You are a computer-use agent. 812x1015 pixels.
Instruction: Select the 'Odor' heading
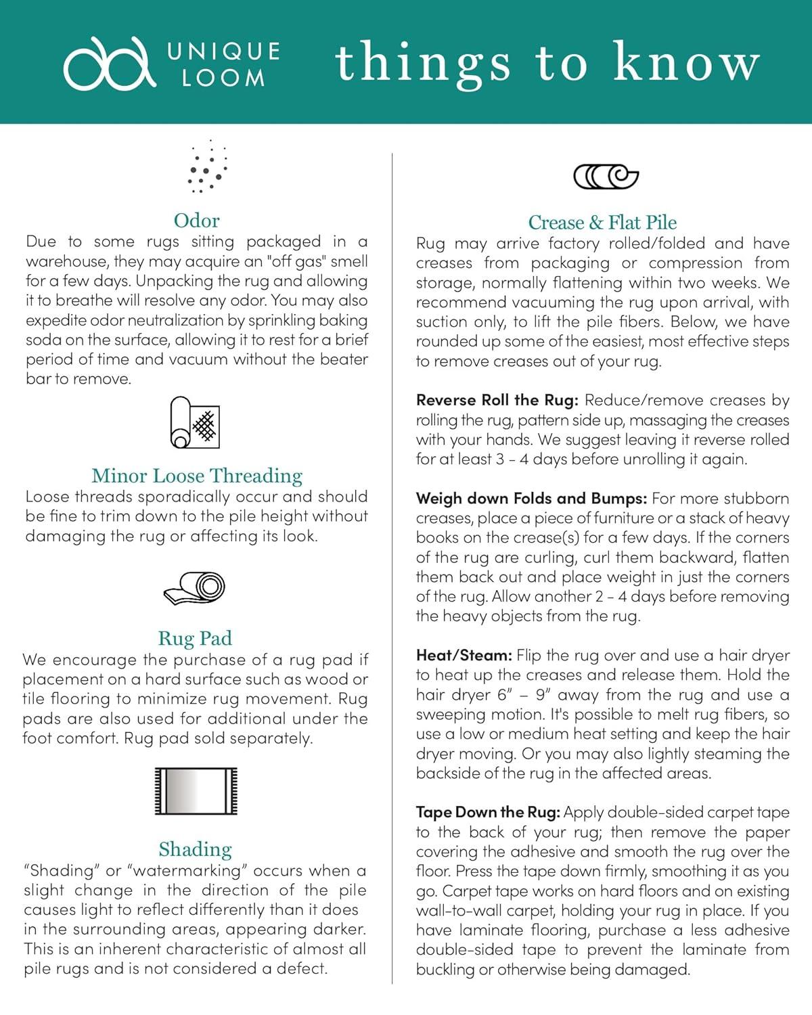click(x=196, y=221)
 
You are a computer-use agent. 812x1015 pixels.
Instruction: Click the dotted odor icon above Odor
click(x=207, y=167)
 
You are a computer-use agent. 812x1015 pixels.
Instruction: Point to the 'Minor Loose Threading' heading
click(x=197, y=476)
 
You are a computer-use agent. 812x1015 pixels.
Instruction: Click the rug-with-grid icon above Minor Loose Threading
click(x=195, y=424)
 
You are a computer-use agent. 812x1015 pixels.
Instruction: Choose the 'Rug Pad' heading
click(x=195, y=638)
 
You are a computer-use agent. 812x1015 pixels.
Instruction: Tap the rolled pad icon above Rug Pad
click(x=195, y=588)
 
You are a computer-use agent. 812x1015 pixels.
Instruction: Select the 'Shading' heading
click(x=195, y=849)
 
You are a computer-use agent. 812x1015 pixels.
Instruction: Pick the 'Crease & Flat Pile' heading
click(x=602, y=223)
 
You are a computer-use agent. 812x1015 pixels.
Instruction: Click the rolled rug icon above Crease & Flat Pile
click(x=606, y=177)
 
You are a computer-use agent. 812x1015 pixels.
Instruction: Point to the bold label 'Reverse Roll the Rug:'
click(x=497, y=401)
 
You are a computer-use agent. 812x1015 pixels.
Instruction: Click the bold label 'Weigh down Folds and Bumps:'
click(x=532, y=499)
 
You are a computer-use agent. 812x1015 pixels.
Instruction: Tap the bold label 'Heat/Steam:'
click(x=464, y=656)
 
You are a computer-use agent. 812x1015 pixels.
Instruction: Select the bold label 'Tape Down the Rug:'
click(x=488, y=813)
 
